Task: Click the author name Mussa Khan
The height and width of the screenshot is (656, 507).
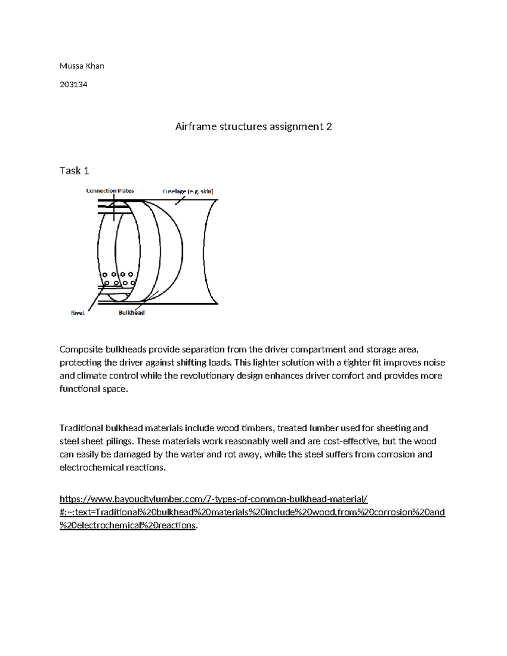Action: pos(82,66)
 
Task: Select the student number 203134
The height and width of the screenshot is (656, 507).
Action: pos(73,84)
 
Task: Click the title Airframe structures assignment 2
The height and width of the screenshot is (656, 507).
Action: pos(253,126)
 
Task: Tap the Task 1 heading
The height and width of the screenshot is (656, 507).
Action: pos(74,171)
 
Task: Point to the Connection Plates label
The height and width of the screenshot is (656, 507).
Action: pos(110,191)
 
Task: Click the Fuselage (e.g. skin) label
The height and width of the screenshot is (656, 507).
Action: pos(188,191)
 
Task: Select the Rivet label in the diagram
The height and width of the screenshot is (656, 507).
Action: pos(78,313)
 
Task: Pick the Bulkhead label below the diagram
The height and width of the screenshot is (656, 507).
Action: pos(131,313)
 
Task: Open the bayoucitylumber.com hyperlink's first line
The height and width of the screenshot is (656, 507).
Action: pos(213,499)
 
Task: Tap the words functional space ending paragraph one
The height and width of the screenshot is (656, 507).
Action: pos(93,389)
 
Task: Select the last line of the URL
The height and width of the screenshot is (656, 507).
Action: pos(128,525)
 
